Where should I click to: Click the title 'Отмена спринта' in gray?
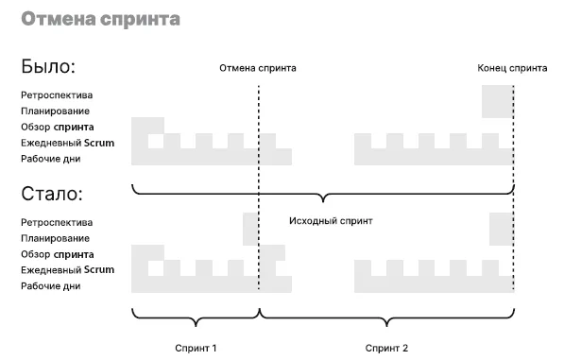pyautogui.click(x=101, y=19)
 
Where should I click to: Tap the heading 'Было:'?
pyautogui.click(x=48, y=66)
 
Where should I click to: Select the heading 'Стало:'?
pyautogui.click(x=52, y=194)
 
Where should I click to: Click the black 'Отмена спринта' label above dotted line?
pyautogui.click(x=258, y=68)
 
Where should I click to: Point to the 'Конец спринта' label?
pyautogui.click(x=512, y=68)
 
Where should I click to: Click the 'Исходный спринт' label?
pyautogui.click(x=331, y=221)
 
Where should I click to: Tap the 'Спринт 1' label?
pyautogui.click(x=196, y=348)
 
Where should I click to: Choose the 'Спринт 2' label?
pyautogui.click(x=386, y=348)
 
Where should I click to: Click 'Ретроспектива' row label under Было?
pyautogui.click(x=57, y=95)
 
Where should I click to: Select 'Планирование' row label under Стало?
pyautogui.click(x=55, y=238)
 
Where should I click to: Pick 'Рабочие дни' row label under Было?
pyautogui.click(x=51, y=159)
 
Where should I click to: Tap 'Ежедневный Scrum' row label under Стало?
pyautogui.click(x=68, y=270)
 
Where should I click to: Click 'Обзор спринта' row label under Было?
pyautogui.click(x=58, y=128)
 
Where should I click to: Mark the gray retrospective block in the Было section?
pyautogui.click(x=498, y=101)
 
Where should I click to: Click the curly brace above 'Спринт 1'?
pyautogui.click(x=196, y=317)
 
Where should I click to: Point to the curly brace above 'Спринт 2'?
pyautogui.click(x=387, y=317)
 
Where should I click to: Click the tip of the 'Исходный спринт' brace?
pyautogui.click(x=323, y=202)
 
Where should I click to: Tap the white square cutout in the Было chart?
pyautogui.click(x=156, y=141)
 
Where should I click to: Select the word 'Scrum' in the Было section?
pyautogui.click(x=99, y=143)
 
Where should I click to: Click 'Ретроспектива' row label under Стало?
pyautogui.click(x=57, y=223)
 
